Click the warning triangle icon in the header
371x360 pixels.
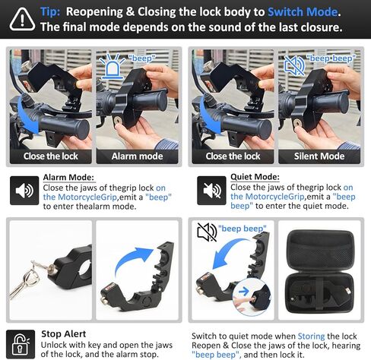tap(22, 20)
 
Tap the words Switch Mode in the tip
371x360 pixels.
tap(303, 12)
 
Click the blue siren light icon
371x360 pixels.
tap(112, 66)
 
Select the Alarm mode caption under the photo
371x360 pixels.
tap(137, 156)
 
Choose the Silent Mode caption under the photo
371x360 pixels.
tap(319, 156)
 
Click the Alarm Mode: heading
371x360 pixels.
tap(68, 177)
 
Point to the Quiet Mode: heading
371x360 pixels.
tap(255, 177)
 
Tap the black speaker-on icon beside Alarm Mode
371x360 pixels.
tap(24, 191)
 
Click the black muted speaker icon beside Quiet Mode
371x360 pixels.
tap(211, 191)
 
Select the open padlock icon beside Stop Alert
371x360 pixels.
tap(21, 344)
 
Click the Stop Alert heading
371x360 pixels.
tap(64, 334)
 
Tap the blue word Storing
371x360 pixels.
tap(311, 336)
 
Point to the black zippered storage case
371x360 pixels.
tap(319, 271)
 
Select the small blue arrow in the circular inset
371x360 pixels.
tap(244, 292)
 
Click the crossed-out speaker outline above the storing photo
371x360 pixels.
tap(207, 232)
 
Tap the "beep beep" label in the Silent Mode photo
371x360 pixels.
tap(331, 58)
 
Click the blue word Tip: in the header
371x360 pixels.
tap(50, 12)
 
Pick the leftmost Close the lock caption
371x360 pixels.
tap(51, 156)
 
